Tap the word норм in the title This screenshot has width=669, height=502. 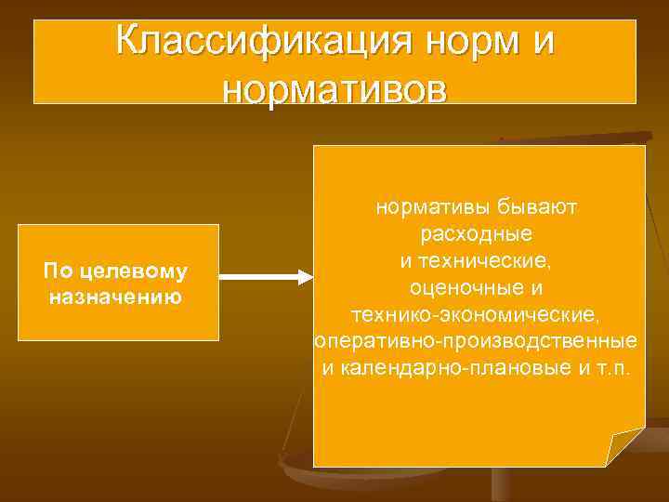point(479,42)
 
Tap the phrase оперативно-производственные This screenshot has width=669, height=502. point(477,340)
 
